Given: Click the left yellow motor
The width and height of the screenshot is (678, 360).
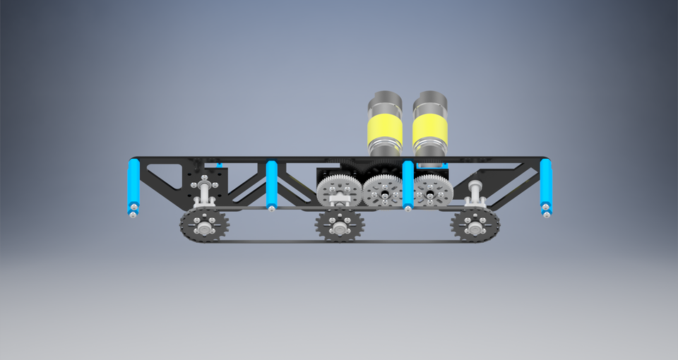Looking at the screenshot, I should [x=385, y=129].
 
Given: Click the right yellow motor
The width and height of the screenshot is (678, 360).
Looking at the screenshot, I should [x=430, y=129].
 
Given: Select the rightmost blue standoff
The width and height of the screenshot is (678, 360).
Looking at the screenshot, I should [x=545, y=184].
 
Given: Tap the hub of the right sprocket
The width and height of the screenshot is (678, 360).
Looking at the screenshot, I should [x=475, y=227].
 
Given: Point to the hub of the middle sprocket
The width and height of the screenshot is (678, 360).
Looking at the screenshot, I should [x=339, y=227].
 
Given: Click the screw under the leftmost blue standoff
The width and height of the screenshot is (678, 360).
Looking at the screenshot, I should [x=133, y=212].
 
